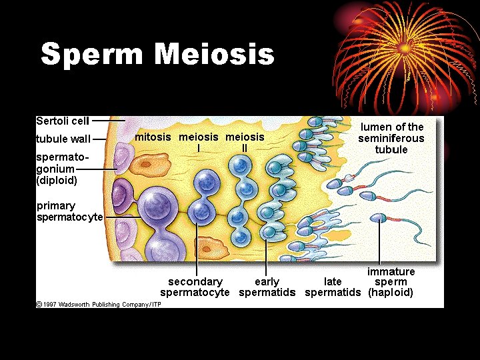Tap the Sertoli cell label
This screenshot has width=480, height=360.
(63, 121)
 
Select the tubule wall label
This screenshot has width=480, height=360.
(63, 139)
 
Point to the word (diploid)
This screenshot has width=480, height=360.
(57, 180)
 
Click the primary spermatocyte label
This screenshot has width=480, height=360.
(69, 211)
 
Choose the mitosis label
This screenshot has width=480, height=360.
(153, 137)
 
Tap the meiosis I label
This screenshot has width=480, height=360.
(199, 141)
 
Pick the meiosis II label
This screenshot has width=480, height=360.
(245, 141)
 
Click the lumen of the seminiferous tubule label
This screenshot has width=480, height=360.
(391, 138)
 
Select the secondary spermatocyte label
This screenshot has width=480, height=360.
(195, 287)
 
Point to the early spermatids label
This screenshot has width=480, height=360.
(267, 287)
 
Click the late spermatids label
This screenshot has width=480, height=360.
(333, 287)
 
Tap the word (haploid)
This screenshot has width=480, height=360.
(391, 293)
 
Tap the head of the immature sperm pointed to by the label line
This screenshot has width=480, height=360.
(378, 217)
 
